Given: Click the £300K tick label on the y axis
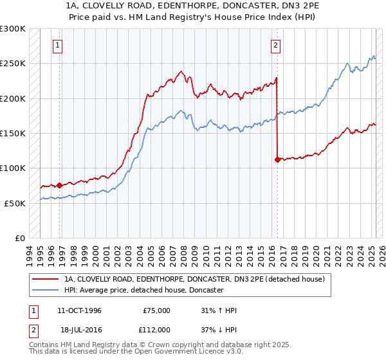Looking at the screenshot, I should (x=13, y=29).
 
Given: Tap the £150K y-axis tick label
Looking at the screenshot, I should (x=13, y=133).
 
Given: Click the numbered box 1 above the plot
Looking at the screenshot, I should (x=58, y=45).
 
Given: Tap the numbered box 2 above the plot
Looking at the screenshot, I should (x=275, y=45).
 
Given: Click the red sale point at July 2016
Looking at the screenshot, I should (x=277, y=160).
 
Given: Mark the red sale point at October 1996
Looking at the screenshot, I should (x=60, y=185).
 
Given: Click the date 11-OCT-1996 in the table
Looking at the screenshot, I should (x=79, y=310).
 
